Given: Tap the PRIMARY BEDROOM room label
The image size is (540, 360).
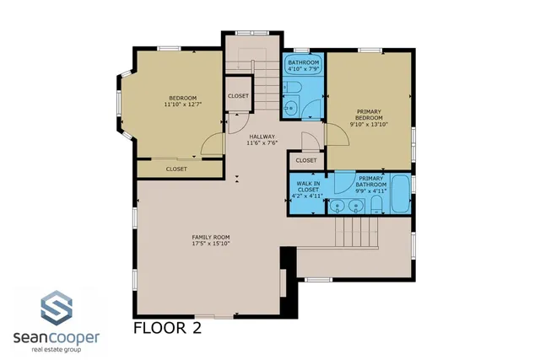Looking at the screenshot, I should click(368, 116).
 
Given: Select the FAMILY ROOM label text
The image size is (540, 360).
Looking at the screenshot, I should click(211, 240).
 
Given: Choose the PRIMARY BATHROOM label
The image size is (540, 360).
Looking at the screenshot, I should click(371, 183).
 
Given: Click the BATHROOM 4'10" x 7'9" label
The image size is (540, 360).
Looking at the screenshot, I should click(303, 65).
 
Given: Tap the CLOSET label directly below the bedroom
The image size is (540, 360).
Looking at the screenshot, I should click(176, 169).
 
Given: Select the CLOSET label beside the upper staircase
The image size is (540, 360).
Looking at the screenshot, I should click(238, 96).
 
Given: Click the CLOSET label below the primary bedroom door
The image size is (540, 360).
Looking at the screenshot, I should click(306, 160).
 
